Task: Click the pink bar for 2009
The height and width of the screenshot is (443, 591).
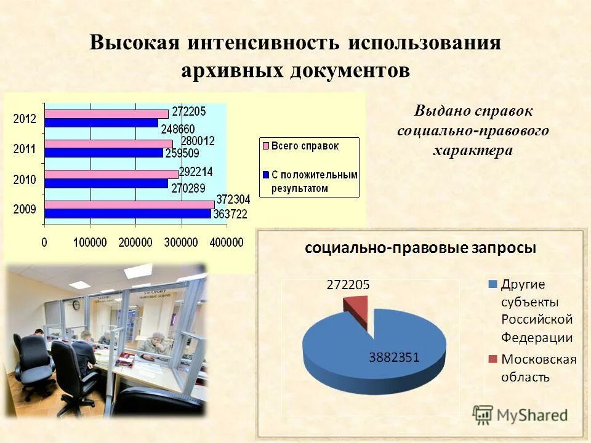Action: (129, 204)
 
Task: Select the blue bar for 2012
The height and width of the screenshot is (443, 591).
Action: (102, 123)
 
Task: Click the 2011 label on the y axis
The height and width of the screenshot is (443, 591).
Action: (25, 148)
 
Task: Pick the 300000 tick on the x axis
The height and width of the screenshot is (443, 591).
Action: (182, 243)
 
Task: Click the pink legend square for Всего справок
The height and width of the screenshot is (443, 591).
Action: (267, 146)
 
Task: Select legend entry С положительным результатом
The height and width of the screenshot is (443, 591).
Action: (310, 182)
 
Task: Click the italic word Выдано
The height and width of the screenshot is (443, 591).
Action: (441, 111)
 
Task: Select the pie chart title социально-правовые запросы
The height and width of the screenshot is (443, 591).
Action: (420, 248)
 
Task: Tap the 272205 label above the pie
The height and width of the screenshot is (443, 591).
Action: (348, 284)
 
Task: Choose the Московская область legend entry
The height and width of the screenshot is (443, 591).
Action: (538, 368)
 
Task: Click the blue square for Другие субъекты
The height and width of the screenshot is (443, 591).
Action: (492, 285)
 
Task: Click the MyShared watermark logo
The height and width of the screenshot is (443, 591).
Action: (520, 414)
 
